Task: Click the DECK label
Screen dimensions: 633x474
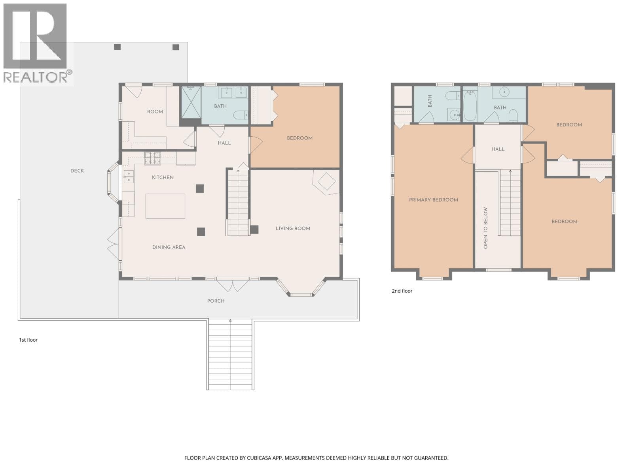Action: tap(77, 171)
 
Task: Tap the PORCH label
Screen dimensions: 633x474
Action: tap(216, 301)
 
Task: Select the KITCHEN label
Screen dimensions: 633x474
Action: tap(163, 177)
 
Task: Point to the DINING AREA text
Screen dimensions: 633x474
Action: tap(169, 247)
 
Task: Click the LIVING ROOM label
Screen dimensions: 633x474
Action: tap(293, 229)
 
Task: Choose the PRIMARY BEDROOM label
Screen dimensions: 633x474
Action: tap(433, 200)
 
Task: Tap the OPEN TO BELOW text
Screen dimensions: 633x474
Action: tap(485, 228)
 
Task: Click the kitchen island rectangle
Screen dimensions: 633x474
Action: tap(165, 206)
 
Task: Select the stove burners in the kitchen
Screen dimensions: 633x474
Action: tap(152, 158)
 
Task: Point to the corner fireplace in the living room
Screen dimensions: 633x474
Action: tap(326, 182)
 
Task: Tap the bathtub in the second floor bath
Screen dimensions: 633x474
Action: tap(470, 105)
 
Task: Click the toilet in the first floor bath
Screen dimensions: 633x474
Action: tap(241, 115)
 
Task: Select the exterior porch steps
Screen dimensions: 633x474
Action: tap(230, 355)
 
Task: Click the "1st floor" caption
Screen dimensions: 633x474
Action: tap(28, 340)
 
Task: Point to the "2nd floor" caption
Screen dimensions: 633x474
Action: tap(402, 291)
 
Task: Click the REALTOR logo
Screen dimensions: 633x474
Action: tap(37, 43)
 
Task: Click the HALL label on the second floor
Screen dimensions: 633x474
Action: tap(498, 149)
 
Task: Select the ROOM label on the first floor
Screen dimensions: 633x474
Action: tap(155, 112)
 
